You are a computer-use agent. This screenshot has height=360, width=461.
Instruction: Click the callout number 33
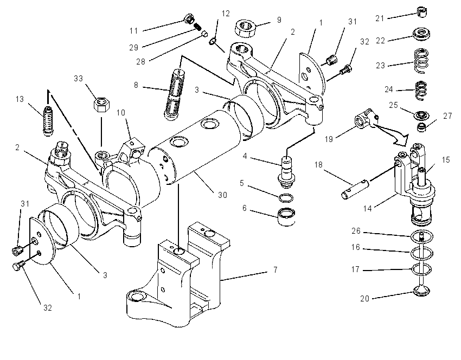click(78, 79)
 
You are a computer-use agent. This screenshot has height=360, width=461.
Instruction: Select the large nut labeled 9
click(245, 28)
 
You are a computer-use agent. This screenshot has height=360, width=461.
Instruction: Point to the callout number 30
click(222, 195)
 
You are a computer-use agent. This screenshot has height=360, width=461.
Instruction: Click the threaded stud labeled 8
click(174, 94)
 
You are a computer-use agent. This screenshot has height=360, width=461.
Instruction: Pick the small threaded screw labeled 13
click(48, 120)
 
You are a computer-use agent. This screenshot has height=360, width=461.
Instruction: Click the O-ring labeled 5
click(286, 198)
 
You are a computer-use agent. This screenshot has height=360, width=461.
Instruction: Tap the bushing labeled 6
click(286, 217)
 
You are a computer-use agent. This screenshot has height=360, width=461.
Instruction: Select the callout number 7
click(275, 270)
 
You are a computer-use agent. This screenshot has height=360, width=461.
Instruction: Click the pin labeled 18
click(355, 190)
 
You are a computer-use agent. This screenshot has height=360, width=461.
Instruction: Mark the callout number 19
click(329, 139)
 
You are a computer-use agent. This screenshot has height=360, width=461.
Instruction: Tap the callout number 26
click(356, 231)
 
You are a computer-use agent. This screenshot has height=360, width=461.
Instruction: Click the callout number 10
click(121, 113)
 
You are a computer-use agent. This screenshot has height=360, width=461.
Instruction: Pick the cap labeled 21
click(422, 12)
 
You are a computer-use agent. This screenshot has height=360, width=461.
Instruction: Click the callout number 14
click(368, 209)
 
